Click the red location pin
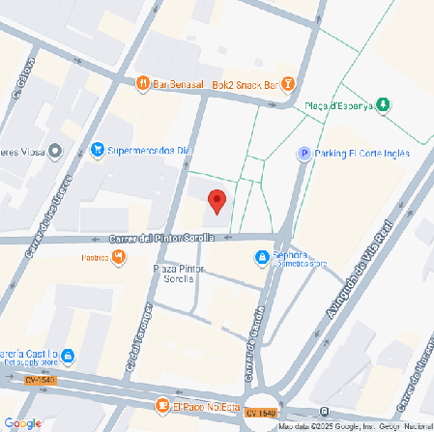(217, 201)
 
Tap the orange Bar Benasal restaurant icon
(142, 84)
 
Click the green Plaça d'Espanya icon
(384, 104)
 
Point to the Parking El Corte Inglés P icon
(304, 154)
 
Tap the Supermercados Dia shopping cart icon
(97, 150)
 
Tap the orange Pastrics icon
(119, 256)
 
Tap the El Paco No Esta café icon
(163, 405)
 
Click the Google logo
(22, 422)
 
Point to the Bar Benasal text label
(181, 84)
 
